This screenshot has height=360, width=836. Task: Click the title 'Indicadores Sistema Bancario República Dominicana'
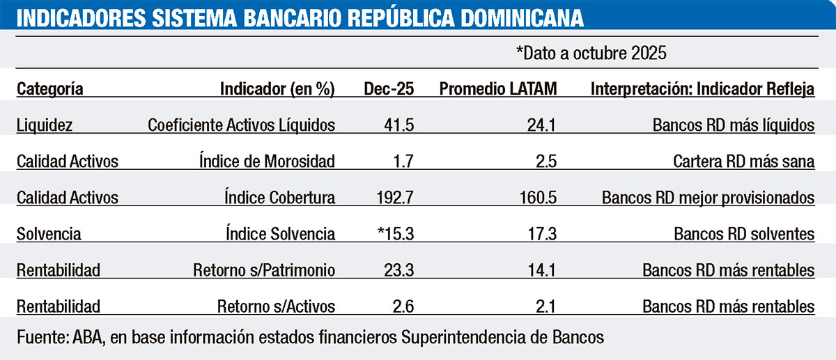point(300,17)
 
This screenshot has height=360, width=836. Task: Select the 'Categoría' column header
point(50,89)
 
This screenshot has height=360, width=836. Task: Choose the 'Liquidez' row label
point(45,125)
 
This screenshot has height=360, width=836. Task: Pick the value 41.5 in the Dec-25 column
point(399,125)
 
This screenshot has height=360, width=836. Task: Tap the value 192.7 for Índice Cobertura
point(394,198)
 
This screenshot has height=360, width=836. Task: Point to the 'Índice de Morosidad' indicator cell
point(267,162)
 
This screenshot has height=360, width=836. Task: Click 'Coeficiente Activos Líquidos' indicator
point(242,125)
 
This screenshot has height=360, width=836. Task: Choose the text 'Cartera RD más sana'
point(744,162)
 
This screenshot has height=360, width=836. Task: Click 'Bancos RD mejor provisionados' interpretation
point(709,198)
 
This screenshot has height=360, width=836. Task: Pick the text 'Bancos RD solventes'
point(744,234)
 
